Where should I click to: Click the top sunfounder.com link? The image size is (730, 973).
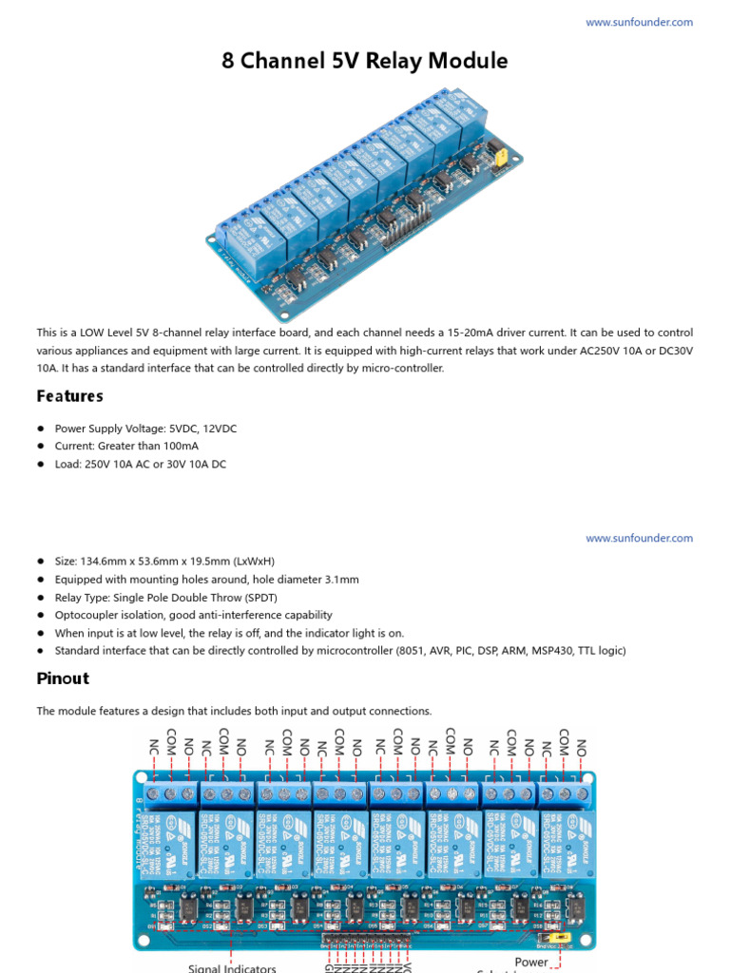click(x=639, y=22)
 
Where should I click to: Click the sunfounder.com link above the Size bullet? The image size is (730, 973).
click(x=639, y=538)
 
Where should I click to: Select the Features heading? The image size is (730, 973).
click(x=70, y=395)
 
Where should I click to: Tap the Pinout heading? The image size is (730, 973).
click(x=63, y=678)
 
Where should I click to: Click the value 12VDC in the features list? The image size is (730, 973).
click(x=217, y=429)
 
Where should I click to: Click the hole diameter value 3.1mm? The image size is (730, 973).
click(x=339, y=580)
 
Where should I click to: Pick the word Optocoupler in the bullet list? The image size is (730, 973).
click(x=86, y=616)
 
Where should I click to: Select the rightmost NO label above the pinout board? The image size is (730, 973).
click(x=582, y=748)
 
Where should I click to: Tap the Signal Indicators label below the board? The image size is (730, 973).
click(x=232, y=967)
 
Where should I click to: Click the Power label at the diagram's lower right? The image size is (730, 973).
click(x=531, y=963)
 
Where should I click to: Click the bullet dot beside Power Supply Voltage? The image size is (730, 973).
click(x=42, y=429)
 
